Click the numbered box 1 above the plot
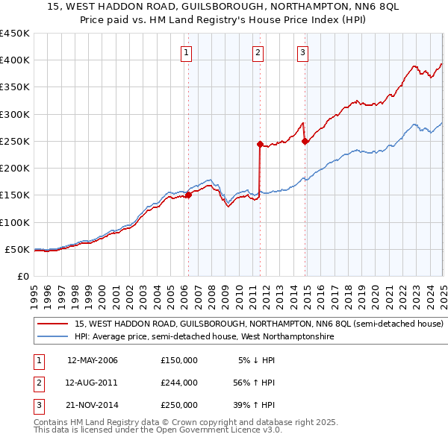click(x=185, y=52)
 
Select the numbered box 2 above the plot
click(x=257, y=52)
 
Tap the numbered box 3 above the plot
click(x=302, y=52)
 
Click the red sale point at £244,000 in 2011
click(x=260, y=144)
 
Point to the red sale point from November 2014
click(x=305, y=141)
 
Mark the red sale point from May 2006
click(x=188, y=195)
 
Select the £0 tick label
click(x=22, y=276)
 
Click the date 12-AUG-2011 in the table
click(x=93, y=383)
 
